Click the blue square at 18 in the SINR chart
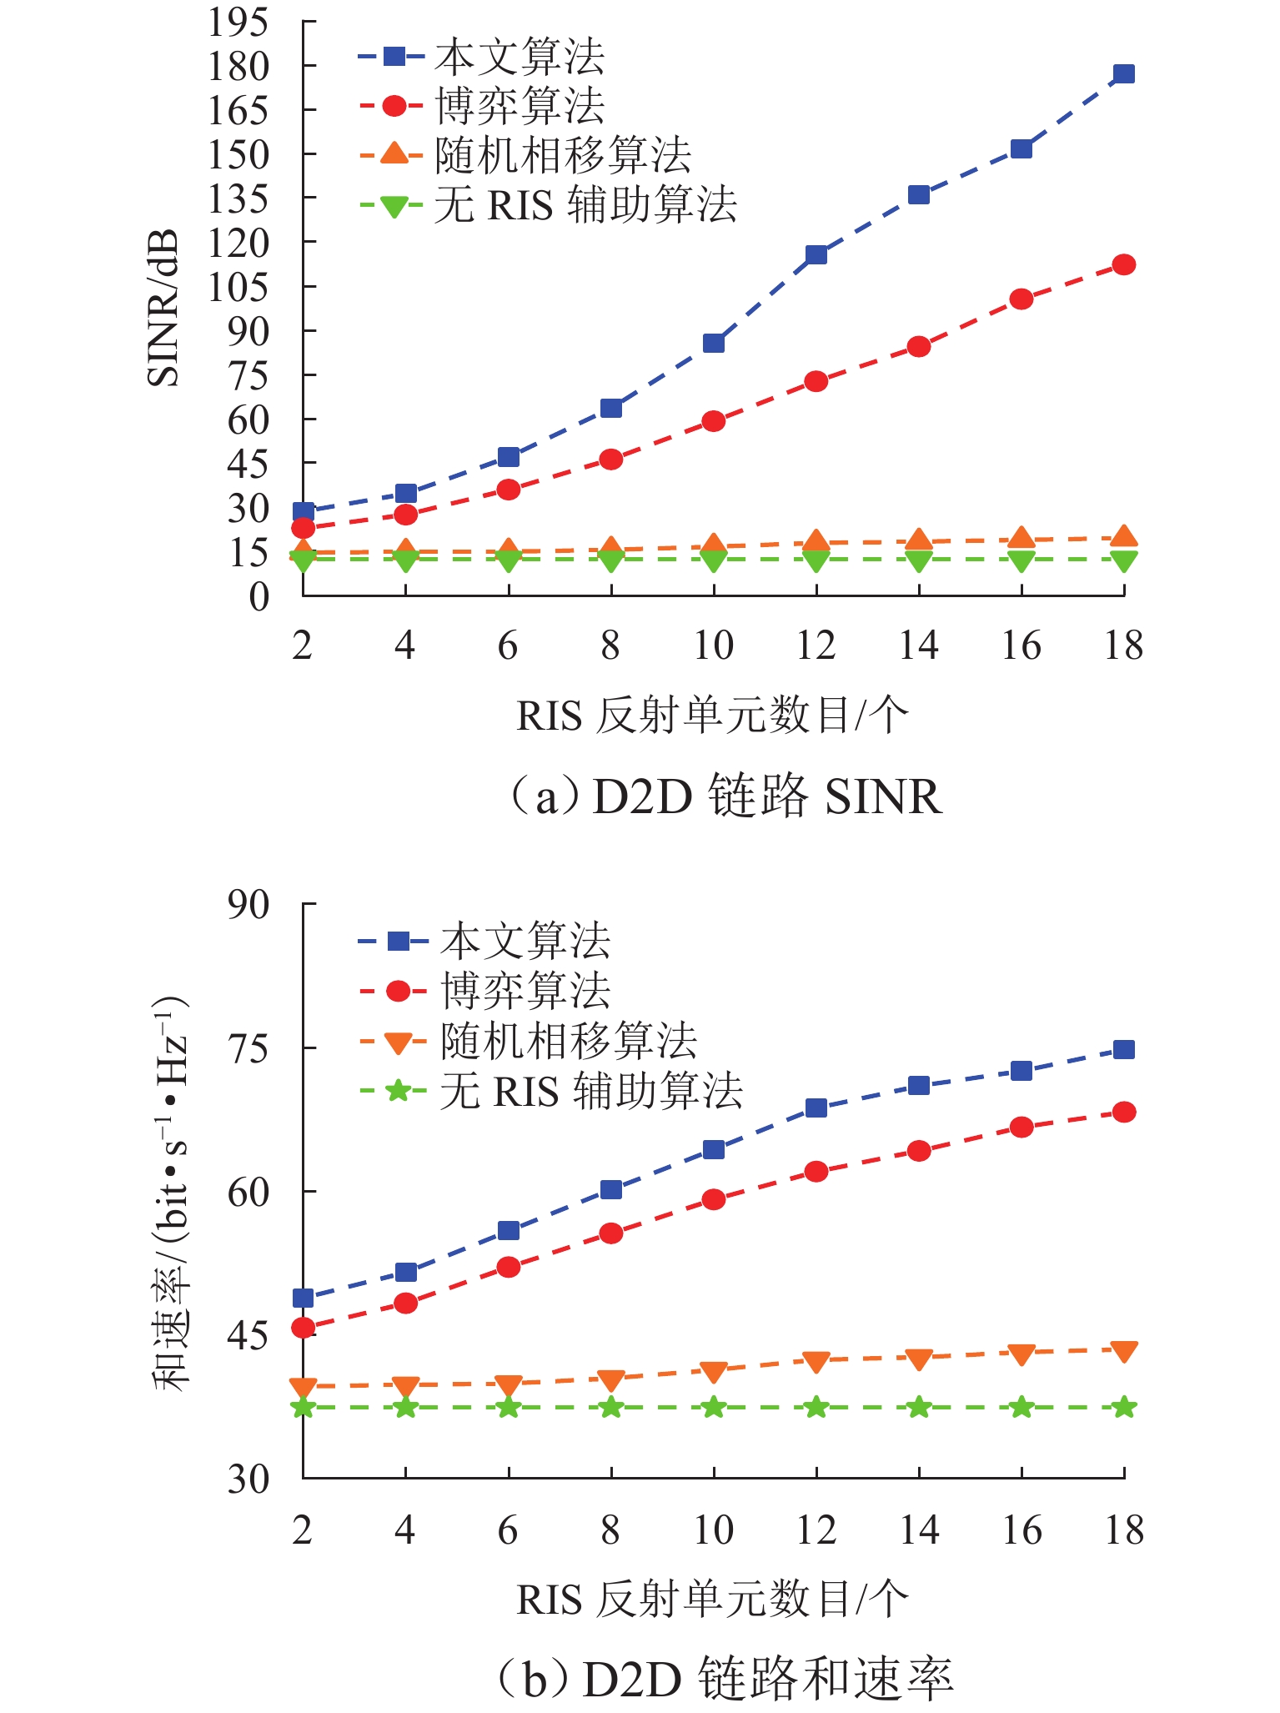click(x=1123, y=74)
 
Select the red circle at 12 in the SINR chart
click(x=816, y=382)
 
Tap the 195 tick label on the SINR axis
click(x=238, y=23)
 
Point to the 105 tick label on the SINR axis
click(x=238, y=288)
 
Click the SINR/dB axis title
click(x=163, y=309)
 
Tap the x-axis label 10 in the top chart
click(x=713, y=646)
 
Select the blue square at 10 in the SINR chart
click(x=713, y=343)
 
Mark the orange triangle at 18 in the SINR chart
click(x=1123, y=536)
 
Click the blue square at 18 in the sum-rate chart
click(x=1123, y=1049)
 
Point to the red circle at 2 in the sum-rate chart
click(x=304, y=1328)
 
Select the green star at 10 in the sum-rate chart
click(x=713, y=1408)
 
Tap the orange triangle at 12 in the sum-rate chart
click(x=816, y=1362)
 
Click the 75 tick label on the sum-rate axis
click(x=248, y=1048)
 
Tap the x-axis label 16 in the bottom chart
click(x=1021, y=1530)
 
